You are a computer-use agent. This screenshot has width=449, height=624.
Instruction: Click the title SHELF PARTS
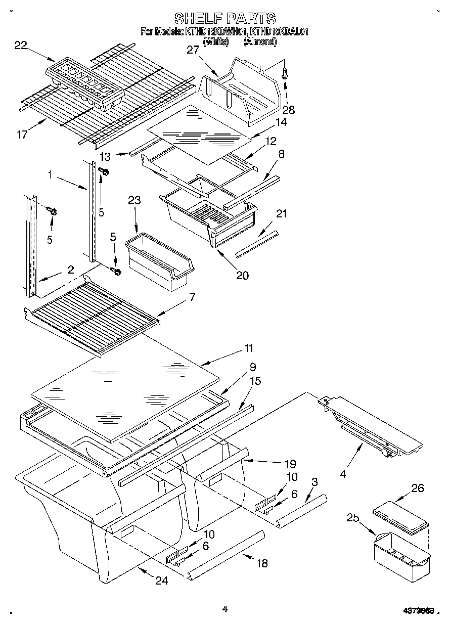point(225,18)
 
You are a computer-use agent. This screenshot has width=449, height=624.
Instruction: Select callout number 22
point(21,46)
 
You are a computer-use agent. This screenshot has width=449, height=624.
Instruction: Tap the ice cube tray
point(84,84)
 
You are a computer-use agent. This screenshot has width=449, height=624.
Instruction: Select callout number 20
point(242,275)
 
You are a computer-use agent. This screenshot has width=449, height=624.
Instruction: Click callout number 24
point(161,581)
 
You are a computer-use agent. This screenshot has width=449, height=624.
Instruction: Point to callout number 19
point(290,463)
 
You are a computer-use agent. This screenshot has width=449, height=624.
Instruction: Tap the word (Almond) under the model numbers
point(260,42)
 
